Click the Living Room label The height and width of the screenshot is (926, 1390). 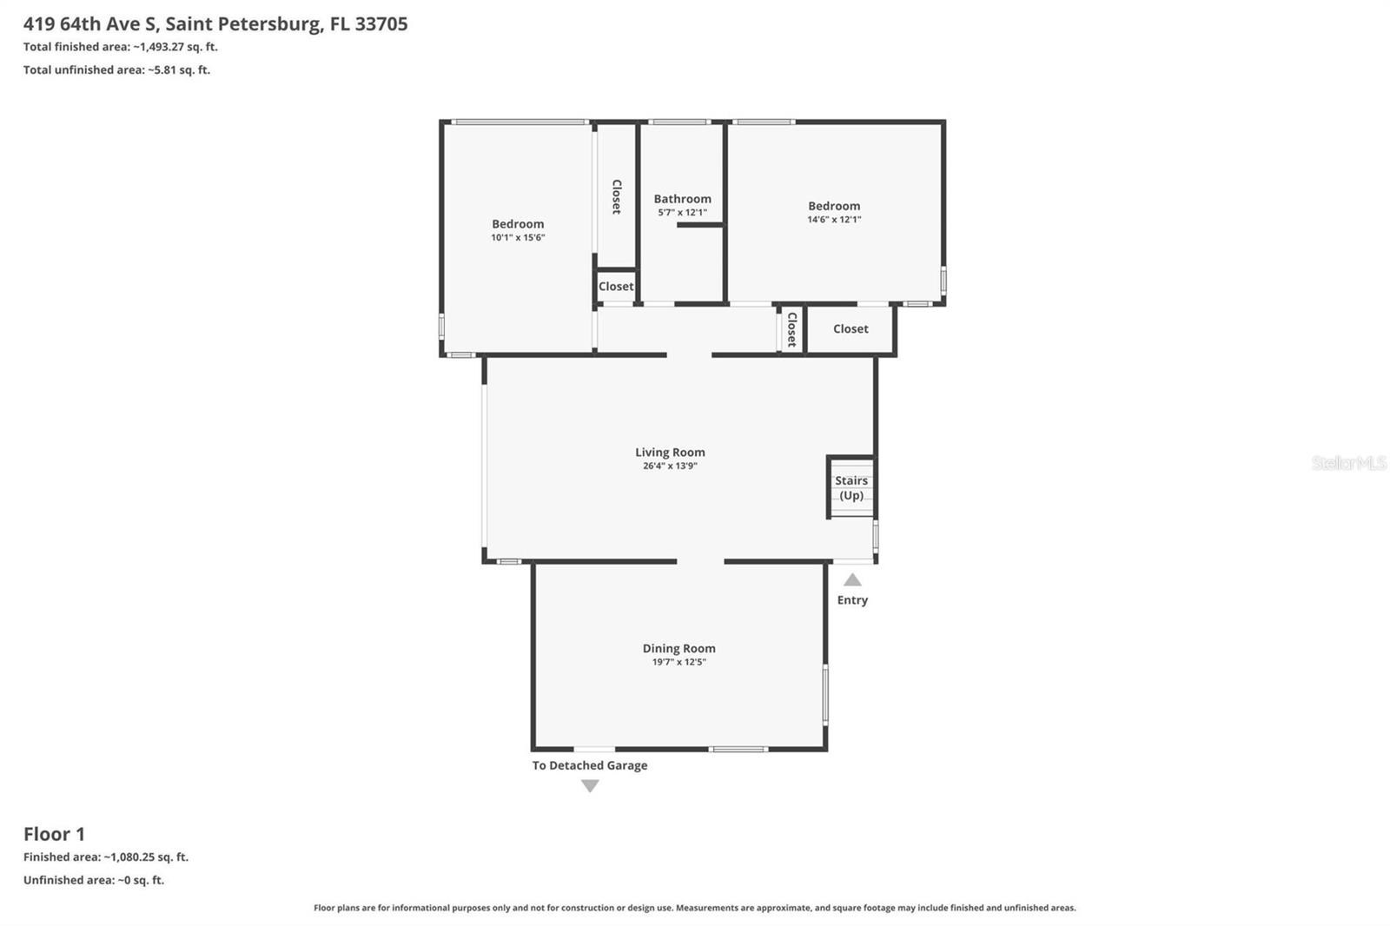tap(670, 452)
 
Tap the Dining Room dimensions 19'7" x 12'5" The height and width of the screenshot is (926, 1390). tap(678, 662)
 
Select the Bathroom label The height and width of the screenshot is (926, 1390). tap(682, 199)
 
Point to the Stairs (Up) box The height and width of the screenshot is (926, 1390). tap(851, 488)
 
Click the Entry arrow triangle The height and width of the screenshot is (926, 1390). tap(852, 580)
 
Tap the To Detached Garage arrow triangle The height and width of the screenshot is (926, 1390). tap(590, 786)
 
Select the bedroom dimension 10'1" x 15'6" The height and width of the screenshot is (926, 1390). tap(518, 237)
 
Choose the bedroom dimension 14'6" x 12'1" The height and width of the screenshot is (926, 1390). tap(834, 220)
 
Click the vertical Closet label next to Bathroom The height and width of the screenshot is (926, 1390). tap(617, 196)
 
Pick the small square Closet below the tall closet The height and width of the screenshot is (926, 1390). tap(616, 287)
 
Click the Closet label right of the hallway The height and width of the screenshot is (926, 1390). tap(851, 329)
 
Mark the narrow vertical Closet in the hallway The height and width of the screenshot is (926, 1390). tap(791, 329)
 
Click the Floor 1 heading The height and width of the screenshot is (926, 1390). tap(54, 834)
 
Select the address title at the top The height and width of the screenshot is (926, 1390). tap(215, 23)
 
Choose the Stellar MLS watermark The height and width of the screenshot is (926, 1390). tap(1348, 463)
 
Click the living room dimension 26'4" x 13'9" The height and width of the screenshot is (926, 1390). tap(670, 466)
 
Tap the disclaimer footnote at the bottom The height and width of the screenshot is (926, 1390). tap(694, 908)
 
